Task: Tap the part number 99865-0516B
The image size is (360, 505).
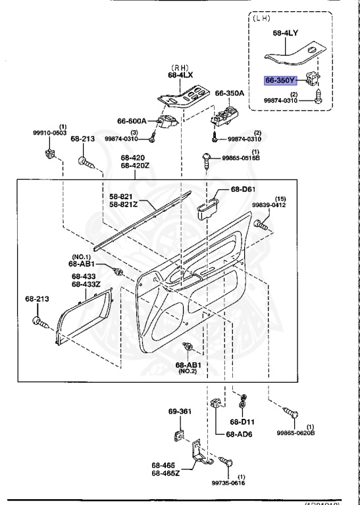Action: pyautogui.click(x=241, y=158)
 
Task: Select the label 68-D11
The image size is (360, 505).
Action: pyautogui.click(x=241, y=421)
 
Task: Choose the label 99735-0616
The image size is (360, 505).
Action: pyautogui.click(x=241, y=483)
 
